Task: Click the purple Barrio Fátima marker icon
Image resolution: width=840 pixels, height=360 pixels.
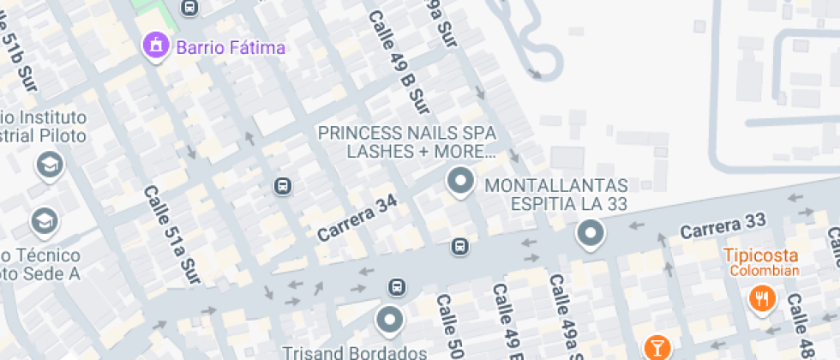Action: (155, 45)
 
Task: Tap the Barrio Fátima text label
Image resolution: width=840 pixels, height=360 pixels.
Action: (230, 47)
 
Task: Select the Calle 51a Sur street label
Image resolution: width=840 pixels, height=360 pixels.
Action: (171, 236)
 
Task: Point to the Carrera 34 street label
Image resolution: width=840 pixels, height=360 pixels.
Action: (357, 219)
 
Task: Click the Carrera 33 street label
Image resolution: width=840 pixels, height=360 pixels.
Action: (723, 225)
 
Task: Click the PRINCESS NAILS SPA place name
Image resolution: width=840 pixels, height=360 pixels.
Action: (406, 134)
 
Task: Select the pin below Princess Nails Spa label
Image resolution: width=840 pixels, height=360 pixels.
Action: (461, 182)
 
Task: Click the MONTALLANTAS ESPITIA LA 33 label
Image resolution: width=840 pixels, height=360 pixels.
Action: (557, 195)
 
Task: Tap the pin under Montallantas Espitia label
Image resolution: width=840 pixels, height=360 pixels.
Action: (590, 233)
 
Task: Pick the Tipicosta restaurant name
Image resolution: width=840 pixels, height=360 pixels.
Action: (761, 255)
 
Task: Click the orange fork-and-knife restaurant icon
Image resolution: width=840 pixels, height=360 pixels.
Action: (761, 298)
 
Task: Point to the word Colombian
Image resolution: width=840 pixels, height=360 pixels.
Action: (765, 272)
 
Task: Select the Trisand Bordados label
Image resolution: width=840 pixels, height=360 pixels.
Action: (356, 352)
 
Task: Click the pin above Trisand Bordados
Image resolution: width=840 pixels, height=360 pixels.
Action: (390, 320)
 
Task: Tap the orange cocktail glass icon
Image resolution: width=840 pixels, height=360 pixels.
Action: (657, 347)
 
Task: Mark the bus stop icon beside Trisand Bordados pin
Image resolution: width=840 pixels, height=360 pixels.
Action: (396, 286)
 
